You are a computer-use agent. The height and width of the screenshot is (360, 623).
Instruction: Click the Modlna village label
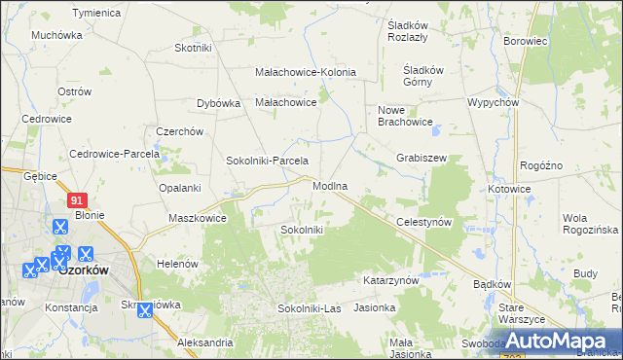pyautogui.click(x=331, y=185)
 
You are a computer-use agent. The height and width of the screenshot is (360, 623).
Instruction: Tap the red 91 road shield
pyautogui.click(x=79, y=199)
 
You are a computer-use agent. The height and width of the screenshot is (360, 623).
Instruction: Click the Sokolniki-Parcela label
pyautogui.click(x=267, y=161)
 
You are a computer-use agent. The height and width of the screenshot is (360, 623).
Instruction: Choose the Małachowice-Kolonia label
pyautogui.click(x=305, y=72)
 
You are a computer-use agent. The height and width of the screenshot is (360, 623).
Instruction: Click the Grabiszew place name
pyautogui.click(x=421, y=157)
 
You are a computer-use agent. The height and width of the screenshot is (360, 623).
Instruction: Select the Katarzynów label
pyautogui.click(x=390, y=279)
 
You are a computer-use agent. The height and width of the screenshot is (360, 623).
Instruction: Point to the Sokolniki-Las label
pyautogui.click(x=309, y=308)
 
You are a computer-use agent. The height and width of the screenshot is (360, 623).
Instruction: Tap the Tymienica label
pyautogui.click(x=96, y=13)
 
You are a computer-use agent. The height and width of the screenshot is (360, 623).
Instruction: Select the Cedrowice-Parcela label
pyautogui.click(x=107, y=154)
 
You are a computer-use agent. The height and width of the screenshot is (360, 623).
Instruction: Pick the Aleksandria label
pyautogui.click(x=204, y=342)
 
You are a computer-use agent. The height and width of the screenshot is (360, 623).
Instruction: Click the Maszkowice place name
pyautogui.click(x=198, y=218)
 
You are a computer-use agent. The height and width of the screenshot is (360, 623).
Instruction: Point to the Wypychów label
pyautogui.click(x=492, y=102)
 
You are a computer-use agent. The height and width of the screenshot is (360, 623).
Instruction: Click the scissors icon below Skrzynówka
pyautogui.click(x=144, y=311)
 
